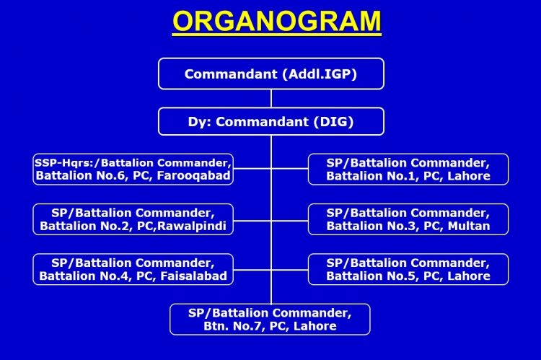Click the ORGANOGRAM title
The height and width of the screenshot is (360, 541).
[277, 22]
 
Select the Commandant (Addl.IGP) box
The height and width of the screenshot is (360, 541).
[271, 74]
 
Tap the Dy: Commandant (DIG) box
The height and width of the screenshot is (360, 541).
[271, 121]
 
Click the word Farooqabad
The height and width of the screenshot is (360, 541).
[193, 176]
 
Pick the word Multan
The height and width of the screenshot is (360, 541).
[469, 226]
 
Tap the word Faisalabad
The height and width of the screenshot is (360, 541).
[194, 276]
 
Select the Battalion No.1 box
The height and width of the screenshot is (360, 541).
[408, 169]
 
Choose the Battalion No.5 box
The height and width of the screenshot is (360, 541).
[408, 269]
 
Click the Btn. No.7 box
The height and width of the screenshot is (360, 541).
[270, 320]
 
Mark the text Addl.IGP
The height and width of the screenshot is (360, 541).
[320, 74]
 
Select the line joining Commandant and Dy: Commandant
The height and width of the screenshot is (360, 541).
[271, 99]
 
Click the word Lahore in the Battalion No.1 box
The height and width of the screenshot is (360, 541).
[469, 176]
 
